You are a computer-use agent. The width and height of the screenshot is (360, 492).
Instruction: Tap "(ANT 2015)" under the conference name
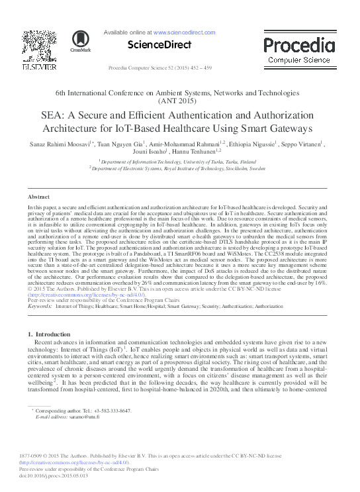(x=179, y=103)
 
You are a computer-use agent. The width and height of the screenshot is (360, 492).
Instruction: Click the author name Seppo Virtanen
(x=302, y=143)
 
